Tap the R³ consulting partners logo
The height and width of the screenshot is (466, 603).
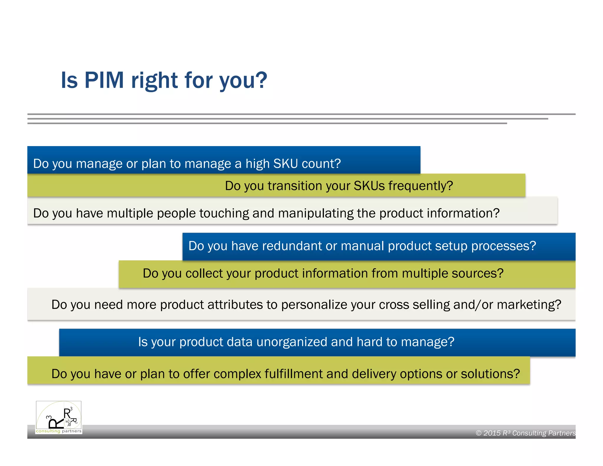coord(59,417)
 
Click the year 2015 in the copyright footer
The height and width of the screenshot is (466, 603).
coord(492,433)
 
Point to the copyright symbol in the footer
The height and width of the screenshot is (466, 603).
coord(478,433)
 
